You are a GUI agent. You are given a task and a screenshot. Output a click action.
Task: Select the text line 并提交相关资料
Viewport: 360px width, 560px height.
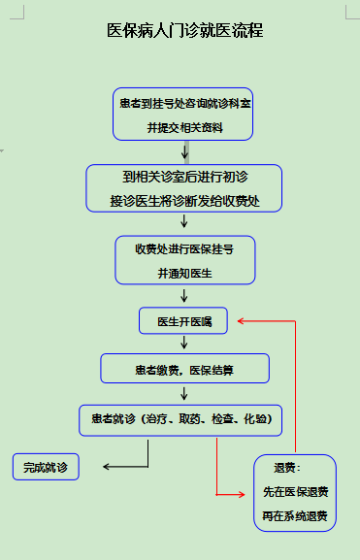pyautogui.click(x=183, y=126)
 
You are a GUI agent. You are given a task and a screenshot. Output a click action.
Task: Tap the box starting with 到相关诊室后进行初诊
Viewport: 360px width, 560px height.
pyautogui.click(x=183, y=187)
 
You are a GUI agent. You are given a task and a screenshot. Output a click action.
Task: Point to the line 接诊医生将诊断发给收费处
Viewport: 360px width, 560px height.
pyautogui.click(x=183, y=202)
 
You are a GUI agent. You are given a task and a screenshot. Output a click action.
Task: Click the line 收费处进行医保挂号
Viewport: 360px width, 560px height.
pyautogui.click(x=183, y=249)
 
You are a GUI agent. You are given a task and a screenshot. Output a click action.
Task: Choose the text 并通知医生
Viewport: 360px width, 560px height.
pyautogui.click(x=183, y=274)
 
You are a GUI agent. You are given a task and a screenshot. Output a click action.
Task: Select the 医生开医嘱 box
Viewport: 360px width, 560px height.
pyautogui.click(x=183, y=320)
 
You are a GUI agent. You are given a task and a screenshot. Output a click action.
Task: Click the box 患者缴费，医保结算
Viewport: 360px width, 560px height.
pyautogui.click(x=183, y=370)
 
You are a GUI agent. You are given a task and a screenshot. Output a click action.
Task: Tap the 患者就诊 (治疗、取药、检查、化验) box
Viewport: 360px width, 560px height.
pyautogui.click(x=180, y=419)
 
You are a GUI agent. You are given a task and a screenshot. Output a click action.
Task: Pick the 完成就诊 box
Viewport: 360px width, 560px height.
pyautogui.click(x=46, y=468)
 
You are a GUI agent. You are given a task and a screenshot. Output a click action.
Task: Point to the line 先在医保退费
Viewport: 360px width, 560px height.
pyautogui.click(x=295, y=491)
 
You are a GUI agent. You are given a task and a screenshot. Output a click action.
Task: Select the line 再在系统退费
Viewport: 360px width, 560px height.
pyautogui.click(x=295, y=515)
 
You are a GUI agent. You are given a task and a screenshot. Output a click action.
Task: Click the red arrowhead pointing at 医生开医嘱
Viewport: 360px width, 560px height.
pyautogui.click(x=242, y=320)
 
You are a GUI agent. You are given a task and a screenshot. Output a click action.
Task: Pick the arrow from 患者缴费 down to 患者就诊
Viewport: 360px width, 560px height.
pyautogui.click(x=183, y=392)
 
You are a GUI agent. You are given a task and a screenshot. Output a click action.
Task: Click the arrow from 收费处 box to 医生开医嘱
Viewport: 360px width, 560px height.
pyautogui.click(x=183, y=296)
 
